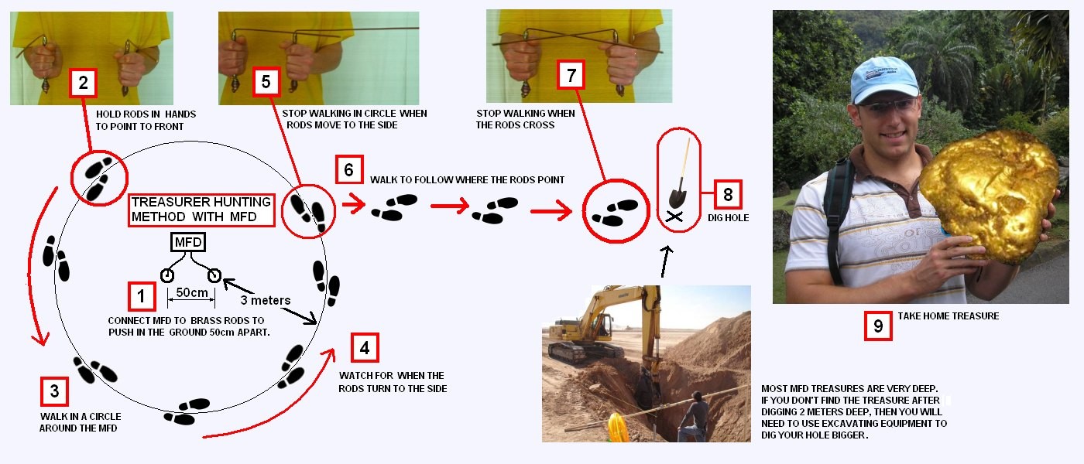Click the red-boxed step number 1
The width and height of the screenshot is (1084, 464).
tap(142, 296)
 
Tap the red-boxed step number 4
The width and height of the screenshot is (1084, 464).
tap(365, 347)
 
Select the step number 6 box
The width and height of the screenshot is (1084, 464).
tap(349, 169)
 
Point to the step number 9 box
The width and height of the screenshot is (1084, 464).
tap(878, 326)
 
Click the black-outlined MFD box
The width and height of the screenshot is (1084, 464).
tap(188, 242)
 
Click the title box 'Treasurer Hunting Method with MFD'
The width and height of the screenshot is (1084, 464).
tap(201, 210)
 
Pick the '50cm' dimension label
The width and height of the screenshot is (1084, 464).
tap(192, 292)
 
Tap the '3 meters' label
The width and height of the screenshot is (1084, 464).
tap(266, 300)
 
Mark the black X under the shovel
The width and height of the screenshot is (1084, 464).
tap(674, 217)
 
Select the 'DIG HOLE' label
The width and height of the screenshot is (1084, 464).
tap(729, 218)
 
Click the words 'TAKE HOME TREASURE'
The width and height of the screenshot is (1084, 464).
tap(948, 316)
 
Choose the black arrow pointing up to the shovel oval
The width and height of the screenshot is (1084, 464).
tap(667, 261)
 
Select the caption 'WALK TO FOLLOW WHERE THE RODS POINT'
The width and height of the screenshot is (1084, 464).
tap(468, 179)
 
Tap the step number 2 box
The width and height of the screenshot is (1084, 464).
tap(84, 83)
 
